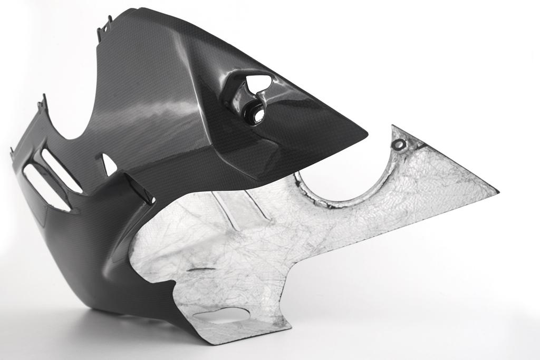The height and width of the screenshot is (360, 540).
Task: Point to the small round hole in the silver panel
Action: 400,144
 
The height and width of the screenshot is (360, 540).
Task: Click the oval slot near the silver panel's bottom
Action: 221,315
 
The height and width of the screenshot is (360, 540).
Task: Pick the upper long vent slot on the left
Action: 61,170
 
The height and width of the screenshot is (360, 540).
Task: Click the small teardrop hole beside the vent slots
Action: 109,166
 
